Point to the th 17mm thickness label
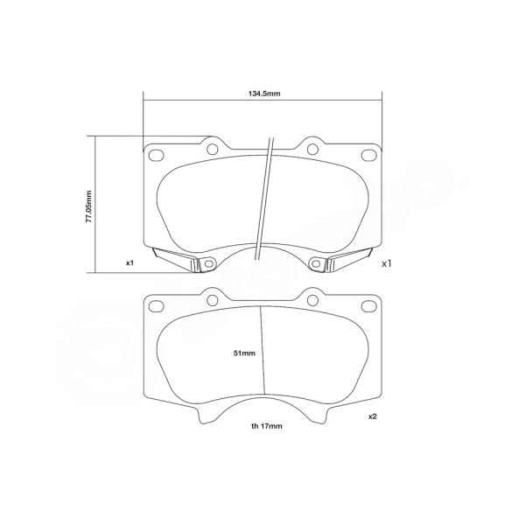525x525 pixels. [262, 426]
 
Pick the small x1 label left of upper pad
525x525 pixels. [129, 262]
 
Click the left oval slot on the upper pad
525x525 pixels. [157, 156]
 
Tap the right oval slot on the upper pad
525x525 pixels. [367, 156]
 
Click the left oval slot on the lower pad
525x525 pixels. [157, 305]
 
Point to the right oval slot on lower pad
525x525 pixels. [367, 305]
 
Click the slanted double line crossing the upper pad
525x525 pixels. [263, 201]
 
